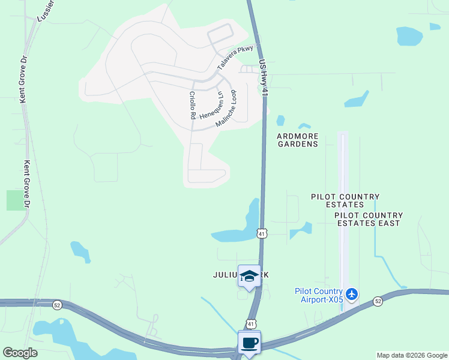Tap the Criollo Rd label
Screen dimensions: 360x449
tap(193, 105)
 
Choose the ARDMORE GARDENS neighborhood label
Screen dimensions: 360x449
tap(297, 140)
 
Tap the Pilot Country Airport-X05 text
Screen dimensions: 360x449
tap(319, 295)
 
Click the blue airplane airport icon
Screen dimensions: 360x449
tap(352, 294)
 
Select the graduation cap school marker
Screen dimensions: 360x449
tap(249, 276)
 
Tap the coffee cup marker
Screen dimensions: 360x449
tap(249, 343)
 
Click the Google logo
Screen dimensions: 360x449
tap(20, 353)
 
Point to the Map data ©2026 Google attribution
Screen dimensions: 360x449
tap(411, 355)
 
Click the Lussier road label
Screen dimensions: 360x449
tap(46, 11)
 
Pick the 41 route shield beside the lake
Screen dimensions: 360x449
tap(262, 233)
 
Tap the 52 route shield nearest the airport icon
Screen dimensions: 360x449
tap(377, 301)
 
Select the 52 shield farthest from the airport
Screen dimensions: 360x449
tap(56, 304)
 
